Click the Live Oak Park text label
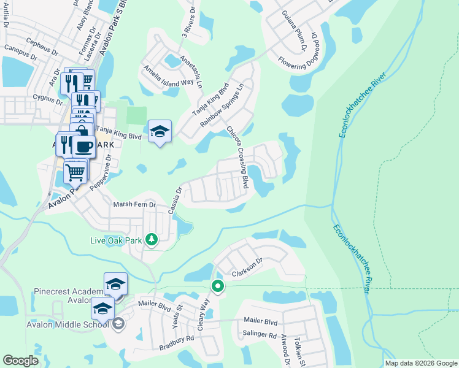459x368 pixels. tap(117, 240)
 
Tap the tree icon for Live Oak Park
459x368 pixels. tap(151, 240)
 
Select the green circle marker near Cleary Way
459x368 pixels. tap(217, 286)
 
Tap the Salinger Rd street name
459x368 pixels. tap(260, 335)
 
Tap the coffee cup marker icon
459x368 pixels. tap(83, 146)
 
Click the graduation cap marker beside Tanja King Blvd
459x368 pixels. tap(160, 131)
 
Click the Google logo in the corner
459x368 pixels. tap(21, 361)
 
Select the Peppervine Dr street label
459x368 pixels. tap(99, 173)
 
